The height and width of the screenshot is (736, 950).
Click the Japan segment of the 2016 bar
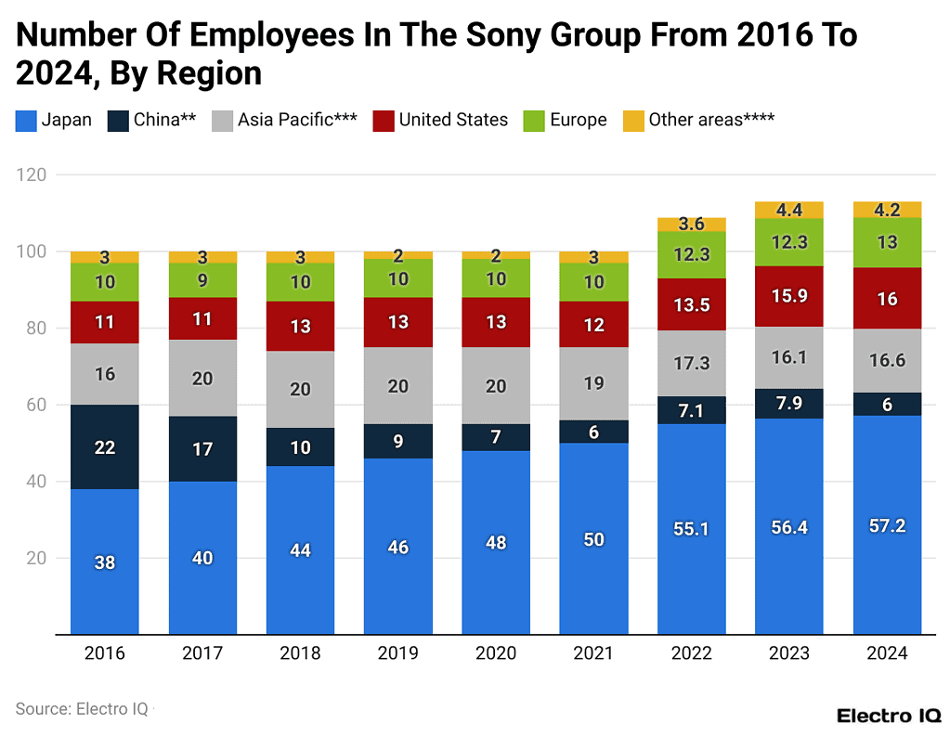(105, 562)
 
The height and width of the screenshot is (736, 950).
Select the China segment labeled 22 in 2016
(105, 447)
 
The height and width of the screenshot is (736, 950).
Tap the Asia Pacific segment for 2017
(202, 378)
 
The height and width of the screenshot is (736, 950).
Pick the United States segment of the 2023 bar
(788, 296)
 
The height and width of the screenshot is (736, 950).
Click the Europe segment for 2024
(887, 242)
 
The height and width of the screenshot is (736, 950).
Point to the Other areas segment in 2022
(691, 225)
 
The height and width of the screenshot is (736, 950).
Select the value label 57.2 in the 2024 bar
(887, 525)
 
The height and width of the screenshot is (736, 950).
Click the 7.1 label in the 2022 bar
(691, 410)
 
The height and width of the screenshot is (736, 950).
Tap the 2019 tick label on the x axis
(397, 653)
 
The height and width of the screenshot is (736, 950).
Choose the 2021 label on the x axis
(593, 653)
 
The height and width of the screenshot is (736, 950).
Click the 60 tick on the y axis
(38, 405)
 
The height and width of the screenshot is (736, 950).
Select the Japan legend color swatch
(25, 120)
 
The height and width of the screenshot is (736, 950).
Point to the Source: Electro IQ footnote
(82, 708)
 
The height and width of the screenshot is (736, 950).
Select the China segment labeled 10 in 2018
(300, 447)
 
